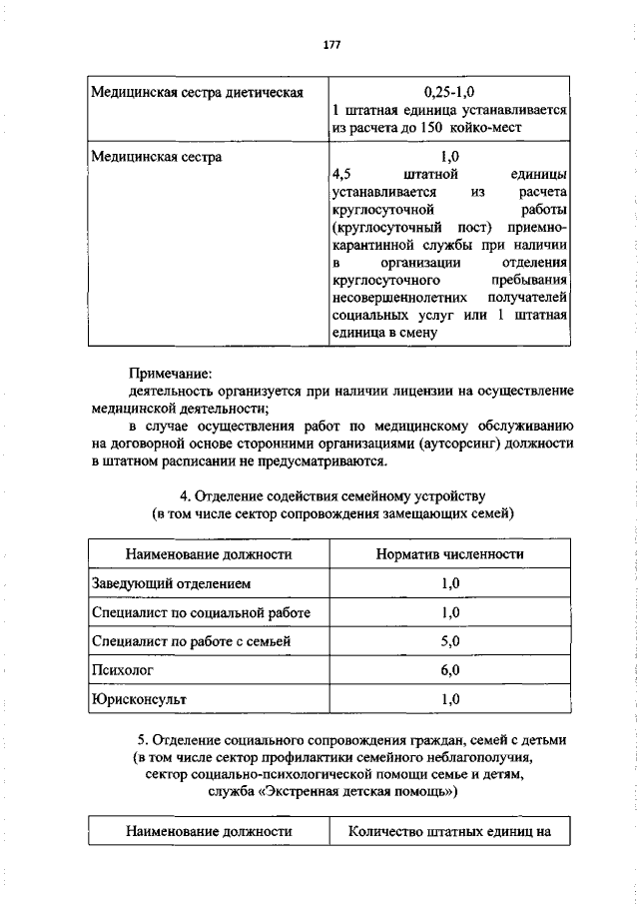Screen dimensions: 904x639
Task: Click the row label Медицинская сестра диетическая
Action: pos(197,93)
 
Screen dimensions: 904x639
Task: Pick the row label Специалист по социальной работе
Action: pos(201,611)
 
